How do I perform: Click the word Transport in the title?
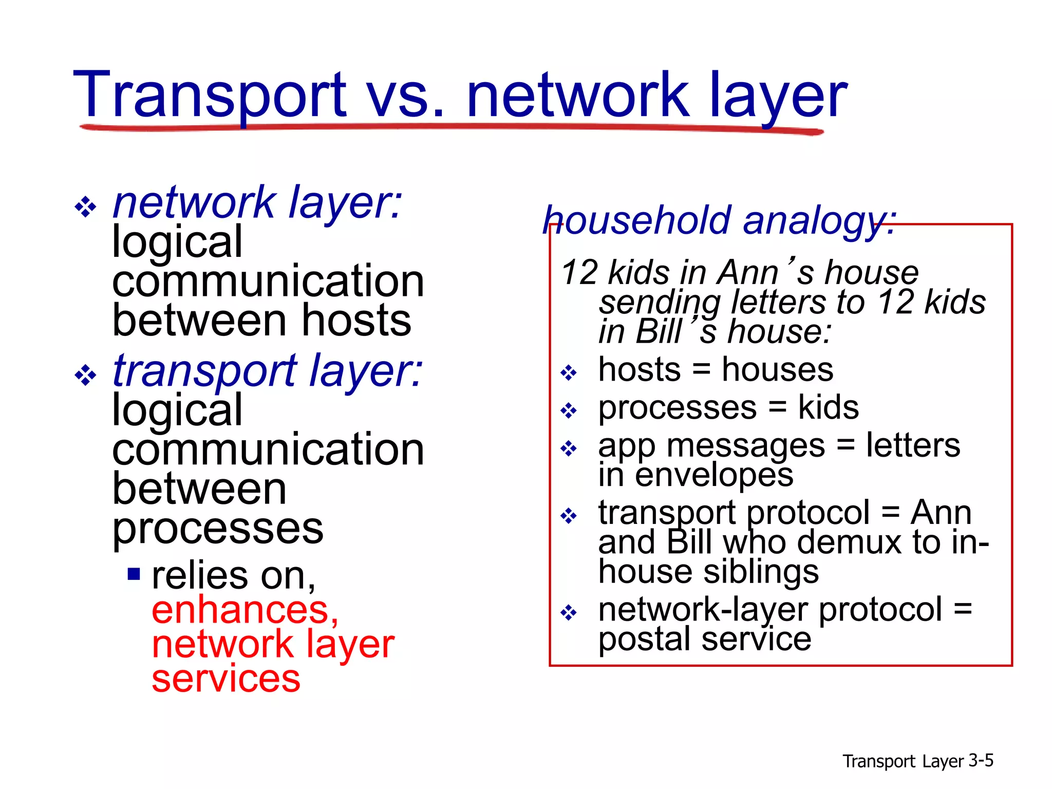(210, 96)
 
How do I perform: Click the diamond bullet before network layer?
(85, 208)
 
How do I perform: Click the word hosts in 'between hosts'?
(356, 321)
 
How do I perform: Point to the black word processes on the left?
(218, 529)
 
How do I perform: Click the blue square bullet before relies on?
(134, 573)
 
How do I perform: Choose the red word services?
(226, 679)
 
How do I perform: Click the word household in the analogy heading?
(637, 220)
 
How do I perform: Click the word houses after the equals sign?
(777, 370)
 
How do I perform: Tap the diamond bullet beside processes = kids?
(569, 410)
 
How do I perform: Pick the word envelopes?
(714, 475)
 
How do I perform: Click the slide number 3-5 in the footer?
(981, 760)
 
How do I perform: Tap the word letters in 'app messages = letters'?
(913, 445)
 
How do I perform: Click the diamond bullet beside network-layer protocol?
(569, 612)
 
